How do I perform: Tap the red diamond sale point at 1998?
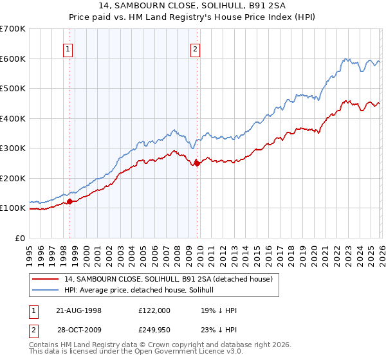(x=70, y=201)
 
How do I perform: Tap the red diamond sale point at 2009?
(x=197, y=163)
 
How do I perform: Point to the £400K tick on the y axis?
(x=13, y=118)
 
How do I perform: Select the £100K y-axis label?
(x=13, y=208)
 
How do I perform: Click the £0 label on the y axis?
(x=21, y=238)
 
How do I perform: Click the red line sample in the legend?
(x=46, y=279)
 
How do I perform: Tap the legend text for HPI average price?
(x=143, y=290)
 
